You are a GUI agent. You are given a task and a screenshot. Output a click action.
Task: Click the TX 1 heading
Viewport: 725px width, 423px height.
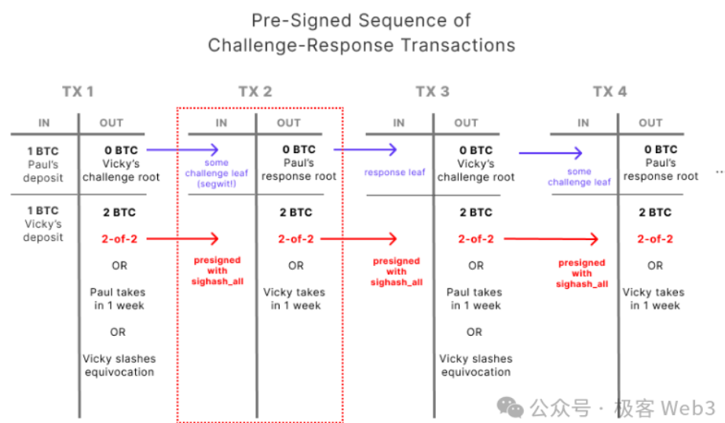click(x=78, y=92)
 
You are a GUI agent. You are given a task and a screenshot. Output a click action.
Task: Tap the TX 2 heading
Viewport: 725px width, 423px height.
click(x=255, y=92)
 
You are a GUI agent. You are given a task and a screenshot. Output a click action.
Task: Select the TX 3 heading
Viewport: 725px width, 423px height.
click(x=432, y=92)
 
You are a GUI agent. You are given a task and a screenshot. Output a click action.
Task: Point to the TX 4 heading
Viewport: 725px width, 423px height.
click(x=610, y=92)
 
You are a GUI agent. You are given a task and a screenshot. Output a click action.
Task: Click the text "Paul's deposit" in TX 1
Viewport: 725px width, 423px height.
click(x=43, y=171)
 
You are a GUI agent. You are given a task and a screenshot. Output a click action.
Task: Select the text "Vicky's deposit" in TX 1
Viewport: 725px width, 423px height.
click(x=43, y=231)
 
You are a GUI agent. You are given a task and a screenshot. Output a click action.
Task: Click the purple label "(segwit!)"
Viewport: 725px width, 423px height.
click(x=216, y=184)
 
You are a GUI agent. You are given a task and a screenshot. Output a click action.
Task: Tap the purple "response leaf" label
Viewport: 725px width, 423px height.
click(x=394, y=172)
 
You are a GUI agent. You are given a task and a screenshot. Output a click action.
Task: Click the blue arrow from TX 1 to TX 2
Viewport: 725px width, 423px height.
click(x=182, y=150)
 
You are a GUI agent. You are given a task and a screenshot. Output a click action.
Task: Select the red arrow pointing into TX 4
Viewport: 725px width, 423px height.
click(x=551, y=239)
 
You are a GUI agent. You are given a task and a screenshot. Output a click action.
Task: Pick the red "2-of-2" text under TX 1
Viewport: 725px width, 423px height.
click(x=119, y=239)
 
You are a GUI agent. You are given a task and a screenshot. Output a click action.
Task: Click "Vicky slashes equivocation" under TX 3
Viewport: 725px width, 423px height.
click(x=476, y=365)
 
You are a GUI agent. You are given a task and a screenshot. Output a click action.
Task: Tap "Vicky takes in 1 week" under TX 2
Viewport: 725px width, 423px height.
click(x=295, y=299)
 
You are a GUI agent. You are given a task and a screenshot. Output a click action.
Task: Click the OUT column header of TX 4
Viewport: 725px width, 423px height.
click(x=650, y=123)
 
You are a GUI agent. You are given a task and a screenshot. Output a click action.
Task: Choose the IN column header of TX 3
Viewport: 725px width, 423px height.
click(x=398, y=123)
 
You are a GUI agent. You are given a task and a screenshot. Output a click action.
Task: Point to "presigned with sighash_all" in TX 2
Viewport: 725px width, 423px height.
click(x=218, y=271)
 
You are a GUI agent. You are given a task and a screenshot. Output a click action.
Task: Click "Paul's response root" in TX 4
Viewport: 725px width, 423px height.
click(x=661, y=170)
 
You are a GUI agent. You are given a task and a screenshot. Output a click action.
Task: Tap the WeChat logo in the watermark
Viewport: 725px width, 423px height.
click(x=510, y=407)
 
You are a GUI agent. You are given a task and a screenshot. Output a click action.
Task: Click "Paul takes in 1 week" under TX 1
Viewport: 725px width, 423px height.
click(x=118, y=299)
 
